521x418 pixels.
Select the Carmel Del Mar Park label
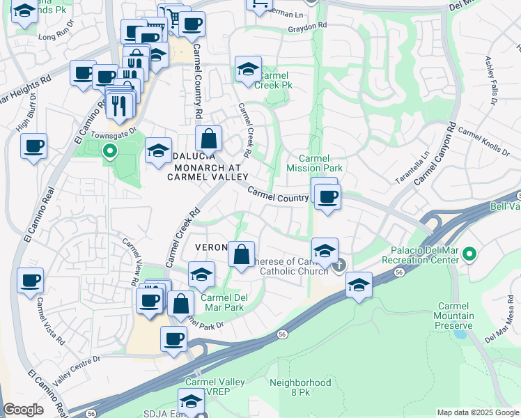pos(224,302)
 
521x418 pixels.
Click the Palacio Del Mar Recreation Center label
pos(421,256)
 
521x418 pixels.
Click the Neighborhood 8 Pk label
pos(300,387)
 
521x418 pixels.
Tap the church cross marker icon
pos(340,265)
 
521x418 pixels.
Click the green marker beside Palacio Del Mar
pos(470,255)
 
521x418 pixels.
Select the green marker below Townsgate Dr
pos(109,150)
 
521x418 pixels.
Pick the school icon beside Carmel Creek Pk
pos(247,68)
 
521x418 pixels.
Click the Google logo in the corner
pos(23,410)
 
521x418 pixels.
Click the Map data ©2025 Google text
pos(478,412)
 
